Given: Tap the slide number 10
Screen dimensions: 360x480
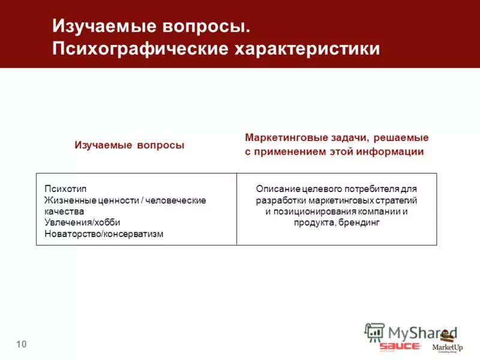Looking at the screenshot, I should [22, 344].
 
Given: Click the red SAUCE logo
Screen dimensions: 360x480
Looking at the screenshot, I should [400, 346].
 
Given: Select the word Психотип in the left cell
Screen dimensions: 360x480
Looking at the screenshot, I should [61, 188].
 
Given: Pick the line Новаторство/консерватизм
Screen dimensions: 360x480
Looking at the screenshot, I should [104, 234].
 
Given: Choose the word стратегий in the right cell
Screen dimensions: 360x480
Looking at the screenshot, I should [398, 200].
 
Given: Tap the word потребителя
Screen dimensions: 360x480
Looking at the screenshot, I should [371, 188].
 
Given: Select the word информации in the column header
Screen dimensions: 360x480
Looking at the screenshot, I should [392, 152].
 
